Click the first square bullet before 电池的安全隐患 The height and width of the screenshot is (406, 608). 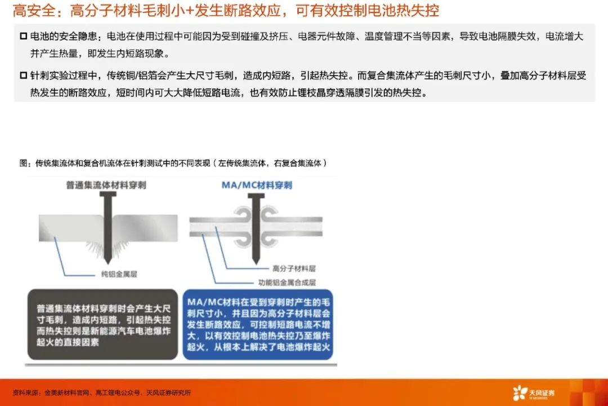tap(24, 36)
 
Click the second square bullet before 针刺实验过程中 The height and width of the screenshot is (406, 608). tap(24, 75)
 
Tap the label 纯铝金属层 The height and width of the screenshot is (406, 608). tap(119, 274)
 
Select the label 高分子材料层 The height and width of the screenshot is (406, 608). tap(294, 268)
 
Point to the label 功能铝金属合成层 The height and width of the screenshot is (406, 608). tap(287, 283)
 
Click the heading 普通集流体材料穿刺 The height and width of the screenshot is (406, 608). tap(106, 185)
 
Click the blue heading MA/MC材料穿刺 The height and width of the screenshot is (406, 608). tap(257, 185)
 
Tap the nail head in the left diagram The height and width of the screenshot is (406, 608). tap(108, 194)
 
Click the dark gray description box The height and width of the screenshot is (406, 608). tap(102, 324)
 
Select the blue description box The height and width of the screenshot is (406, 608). tap(258, 324)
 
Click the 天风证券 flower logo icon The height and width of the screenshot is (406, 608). tap(520, 393)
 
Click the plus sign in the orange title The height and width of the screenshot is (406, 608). tap(190, 11)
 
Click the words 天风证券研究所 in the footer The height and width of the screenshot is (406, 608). tap(168, 393)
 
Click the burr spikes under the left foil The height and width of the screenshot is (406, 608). tap(107, 249)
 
